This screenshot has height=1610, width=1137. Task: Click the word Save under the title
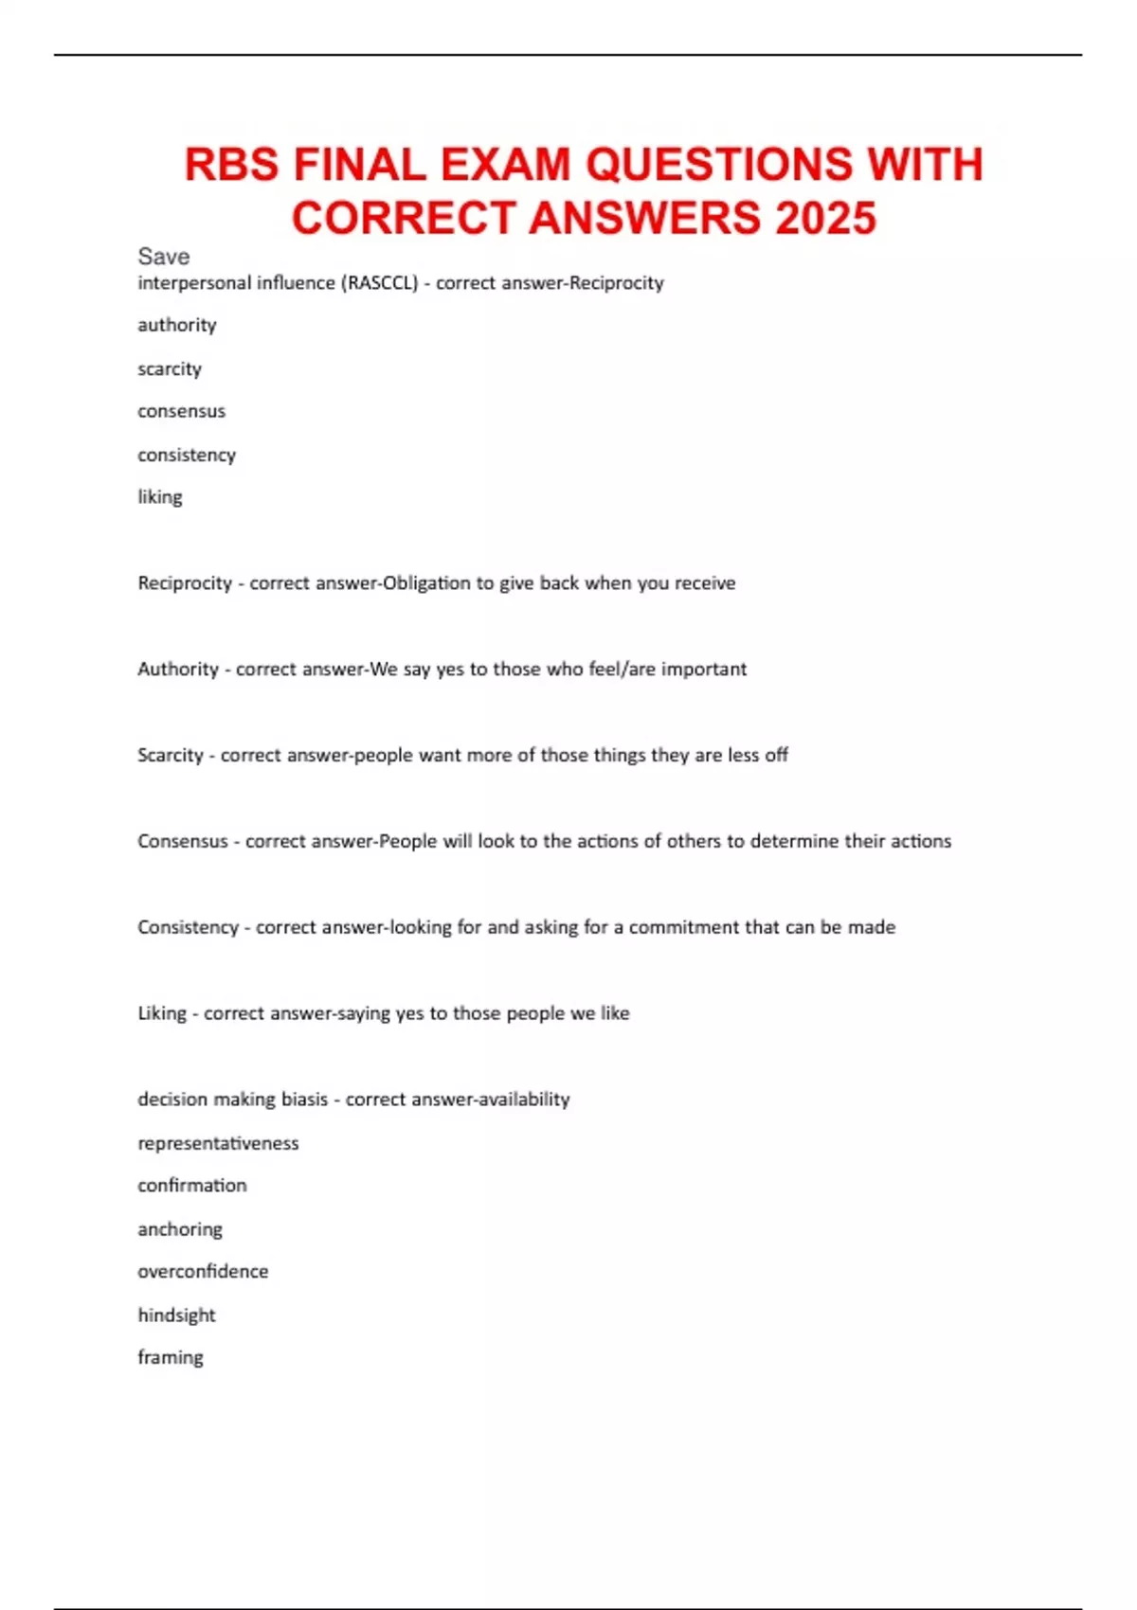click(x=163, y=257)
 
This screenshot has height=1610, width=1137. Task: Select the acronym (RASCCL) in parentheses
click(x=379, y=282)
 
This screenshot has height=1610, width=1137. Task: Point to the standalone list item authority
click(x=177, y=325)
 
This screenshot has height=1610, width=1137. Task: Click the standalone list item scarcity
click(x=170, y=368)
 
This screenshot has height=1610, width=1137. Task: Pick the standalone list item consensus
click(x=181, y=411)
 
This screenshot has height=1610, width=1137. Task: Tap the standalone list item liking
click(x=160, y=497)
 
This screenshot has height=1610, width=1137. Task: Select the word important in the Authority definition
click(x=704, y=670)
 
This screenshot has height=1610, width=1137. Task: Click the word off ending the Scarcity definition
click(x=777, y=755)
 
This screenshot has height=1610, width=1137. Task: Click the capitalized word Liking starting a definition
click(x=162, y=1013)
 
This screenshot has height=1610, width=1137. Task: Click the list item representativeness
click(x=218, y=1143)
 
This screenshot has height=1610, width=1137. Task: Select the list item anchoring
click(x=180, y=1229)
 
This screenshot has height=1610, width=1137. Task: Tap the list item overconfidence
click(x=203, y=1271)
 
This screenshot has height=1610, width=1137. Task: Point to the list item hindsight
click(x=176, y=1315)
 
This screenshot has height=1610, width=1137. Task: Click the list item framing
click(x=171, y=1358)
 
